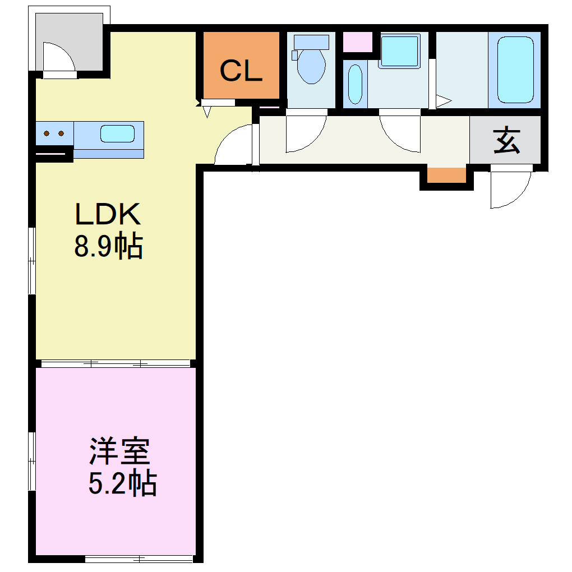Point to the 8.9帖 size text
(x=108, y=246)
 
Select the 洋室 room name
(x=119, y=451)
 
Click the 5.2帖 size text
(x=122, y=483)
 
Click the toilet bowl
(x=311, y=66)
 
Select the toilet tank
(x=311, y=41)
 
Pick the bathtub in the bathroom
(x=515, y=70)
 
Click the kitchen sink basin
(x=117, y=134)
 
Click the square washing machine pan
(x=399, y=51)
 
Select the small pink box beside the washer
(x=357, y=43)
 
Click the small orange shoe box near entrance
(x=446, y=175)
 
